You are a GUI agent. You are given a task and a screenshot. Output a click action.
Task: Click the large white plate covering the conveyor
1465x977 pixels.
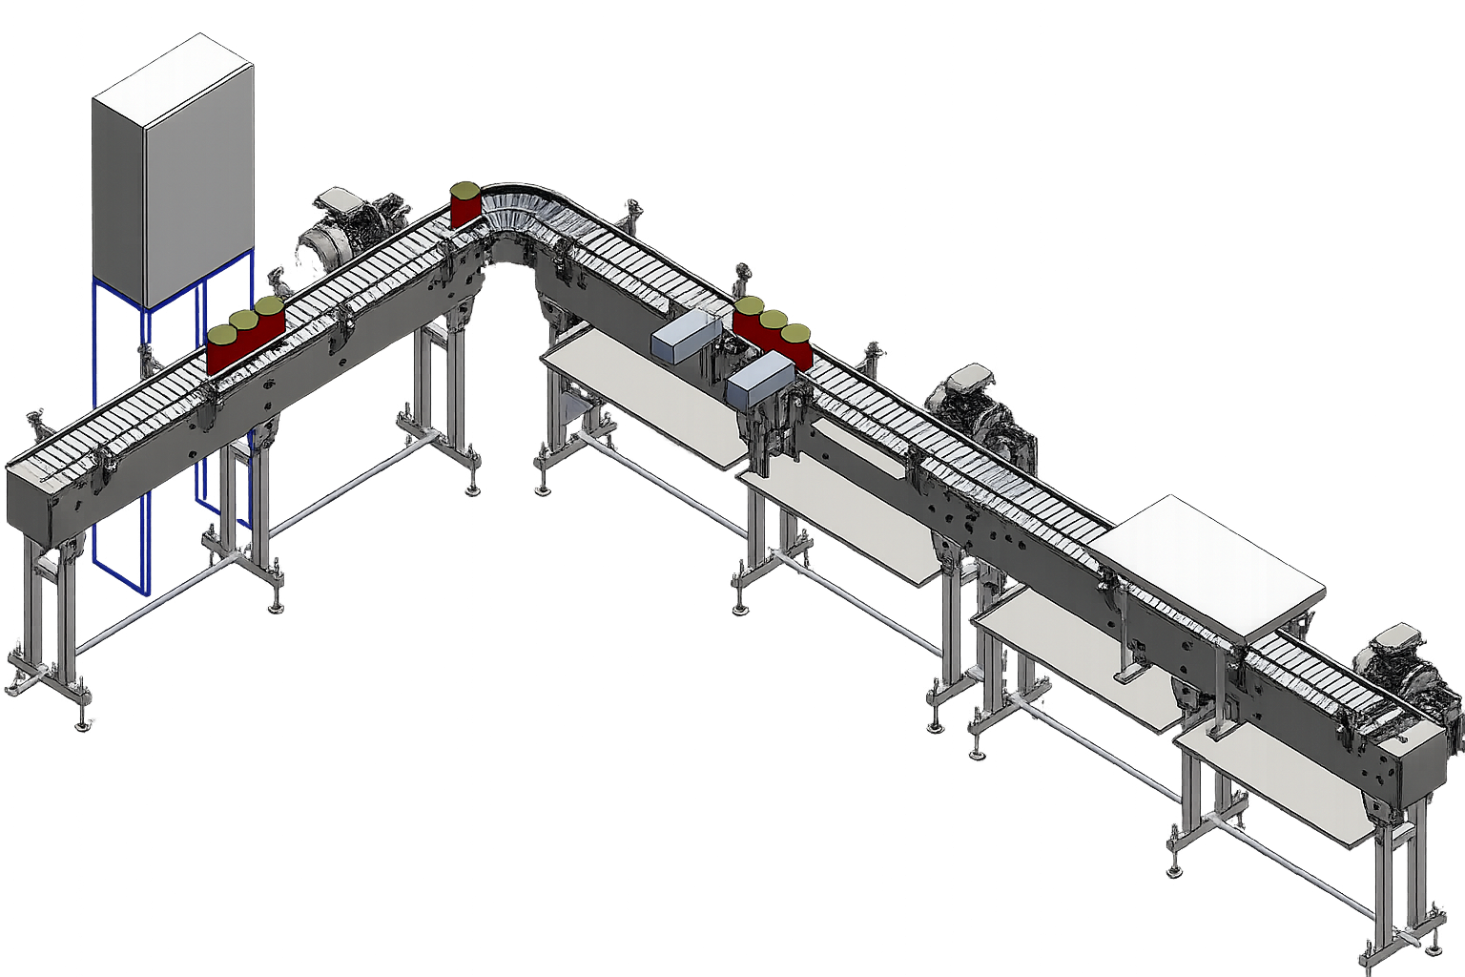tap(1207, 563)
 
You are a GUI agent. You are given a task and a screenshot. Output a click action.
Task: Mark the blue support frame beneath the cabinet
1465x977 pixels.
tap(119, 429)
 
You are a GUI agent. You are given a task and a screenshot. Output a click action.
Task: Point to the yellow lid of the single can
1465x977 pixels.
tap(465, 189)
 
